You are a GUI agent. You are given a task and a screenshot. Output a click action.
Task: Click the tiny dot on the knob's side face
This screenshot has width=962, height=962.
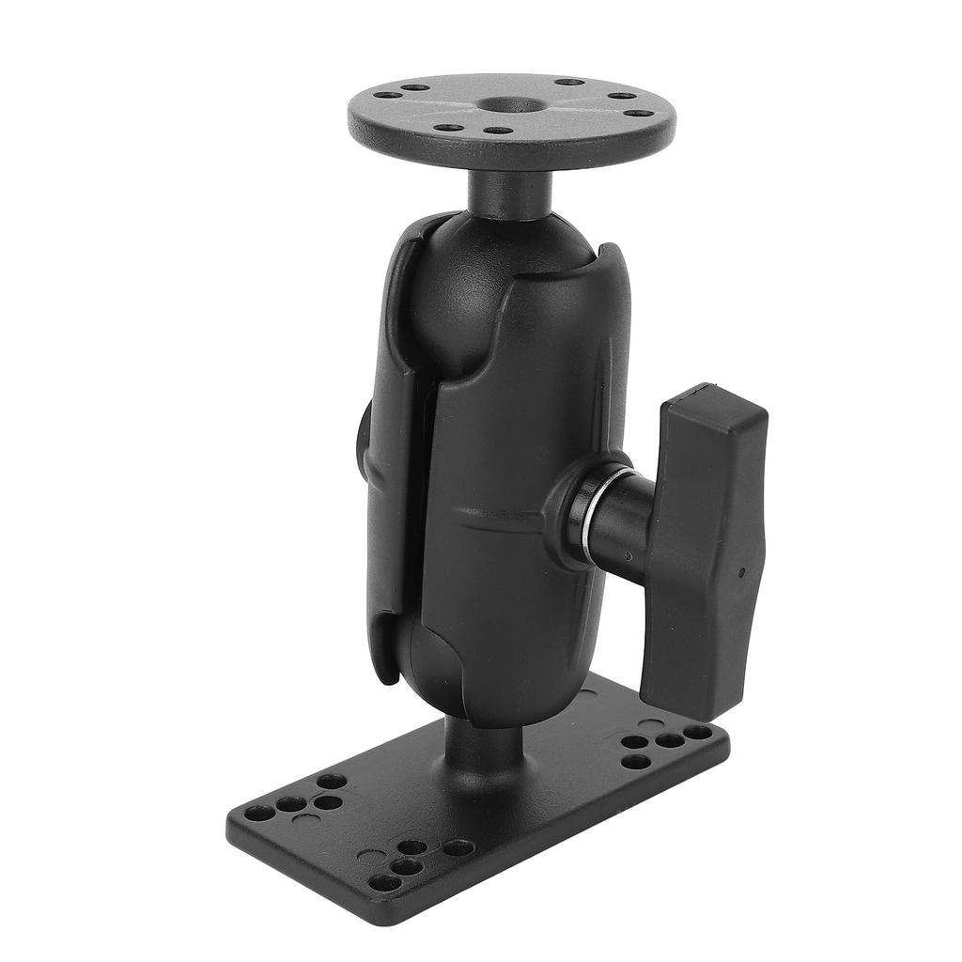[x=741, y=570]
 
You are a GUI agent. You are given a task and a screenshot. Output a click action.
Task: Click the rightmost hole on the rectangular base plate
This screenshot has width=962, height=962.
[x=698, y=732]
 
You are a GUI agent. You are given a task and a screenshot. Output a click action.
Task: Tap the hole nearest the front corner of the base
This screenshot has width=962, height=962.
[x=381, y=882]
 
